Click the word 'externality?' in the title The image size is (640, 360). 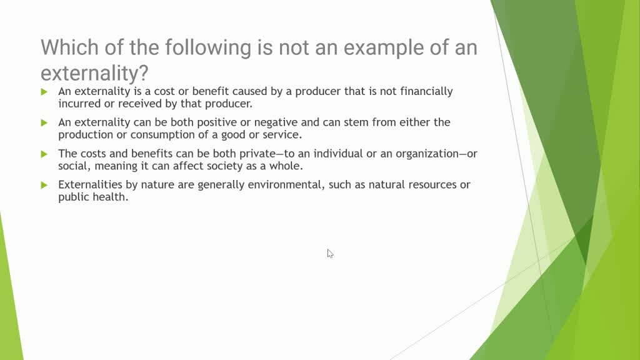[94, 74]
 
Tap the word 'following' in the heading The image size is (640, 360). [208, 47]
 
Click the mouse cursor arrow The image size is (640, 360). [330, 254]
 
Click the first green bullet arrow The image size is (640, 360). [44, 92]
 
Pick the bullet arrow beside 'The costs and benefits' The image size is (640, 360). [44, 154]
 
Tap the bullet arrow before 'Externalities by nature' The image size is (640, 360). [44, 185]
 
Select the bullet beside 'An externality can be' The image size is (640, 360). [44, 123]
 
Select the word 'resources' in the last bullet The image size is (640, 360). [432, 185]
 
